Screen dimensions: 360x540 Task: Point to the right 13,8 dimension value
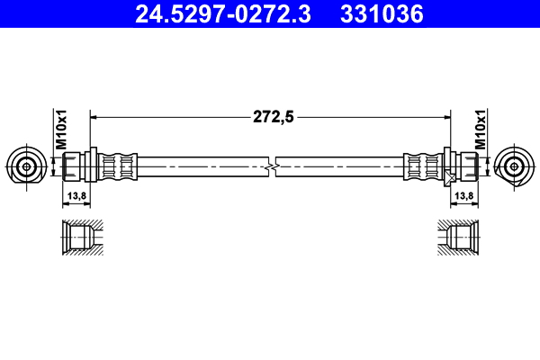[x=464, y=195]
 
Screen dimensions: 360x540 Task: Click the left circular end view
[x=25, y=166]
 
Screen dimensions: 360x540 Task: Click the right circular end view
[x=515, y=166]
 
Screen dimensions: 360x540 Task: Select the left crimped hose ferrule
[x=117, y=166]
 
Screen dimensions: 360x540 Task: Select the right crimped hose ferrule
[x=422, y=166]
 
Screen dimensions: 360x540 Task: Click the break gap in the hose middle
[x=271, y=166]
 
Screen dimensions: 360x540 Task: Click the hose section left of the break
[x=202, y=166]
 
